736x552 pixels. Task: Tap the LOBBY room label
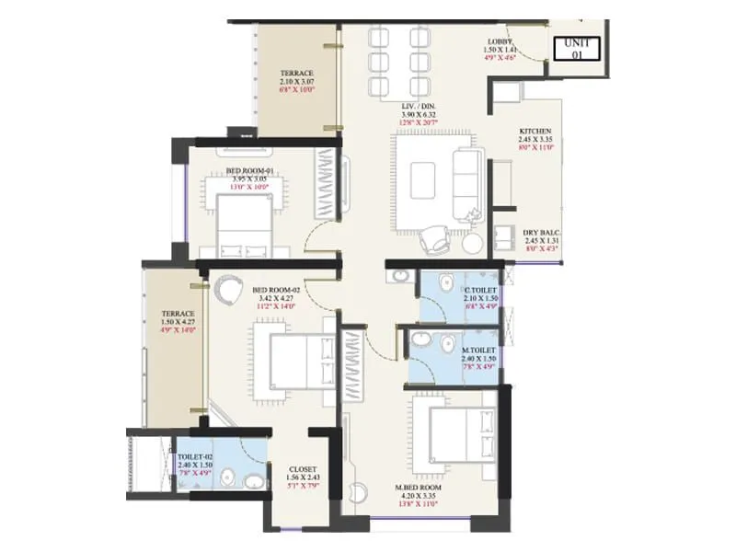pyautogui.click(x=503, y=42)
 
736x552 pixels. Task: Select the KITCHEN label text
pyautogui.click(x=535, y=132)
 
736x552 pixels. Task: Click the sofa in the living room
pyautogui.click(x=467, y=174)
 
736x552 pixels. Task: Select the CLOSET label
pyautogui.click(x=303, y=467)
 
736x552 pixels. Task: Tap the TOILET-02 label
pyautogui.click(x=195, y=455)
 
